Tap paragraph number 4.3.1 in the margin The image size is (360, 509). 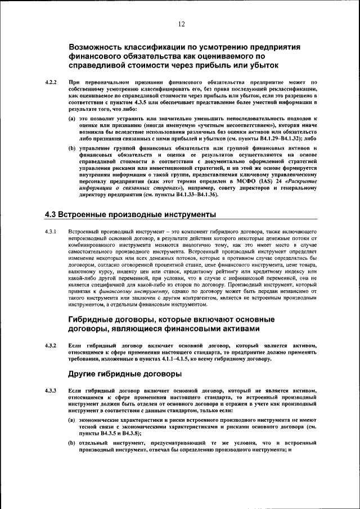[51, 232]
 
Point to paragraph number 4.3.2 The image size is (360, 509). [51, 345]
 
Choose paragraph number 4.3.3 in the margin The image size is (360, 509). [51, 391]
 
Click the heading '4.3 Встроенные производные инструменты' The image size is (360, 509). [130, 215]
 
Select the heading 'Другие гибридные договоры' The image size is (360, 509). [125, 374]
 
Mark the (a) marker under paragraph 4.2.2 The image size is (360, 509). [72, 120]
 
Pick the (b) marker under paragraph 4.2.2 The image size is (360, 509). [72, 148]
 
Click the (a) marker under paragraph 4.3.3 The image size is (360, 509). [72, 420]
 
